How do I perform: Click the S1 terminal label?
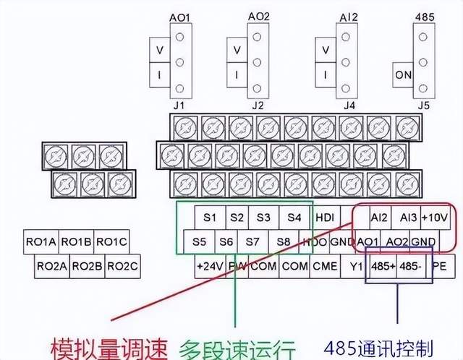[x=210, y=217]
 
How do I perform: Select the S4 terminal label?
[x=293, y=217]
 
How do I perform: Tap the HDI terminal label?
[x=323, y=217]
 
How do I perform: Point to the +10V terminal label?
[x=434, y=217]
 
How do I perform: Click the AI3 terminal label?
[x=407, y=217]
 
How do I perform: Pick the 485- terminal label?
[x=411, y=265]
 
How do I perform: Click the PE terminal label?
[x=438, y=265]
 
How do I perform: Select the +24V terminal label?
[x=209, y=265]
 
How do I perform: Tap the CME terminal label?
[x=325, y=265]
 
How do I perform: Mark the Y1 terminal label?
[x=355, y=265]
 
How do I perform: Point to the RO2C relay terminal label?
[x=122, y=265]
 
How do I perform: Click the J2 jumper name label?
[x=257, y=106]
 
